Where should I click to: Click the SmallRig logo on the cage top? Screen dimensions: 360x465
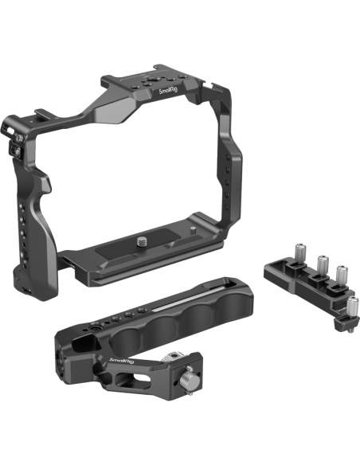(168, 89)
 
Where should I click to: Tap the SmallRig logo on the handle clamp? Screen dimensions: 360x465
(122, 361)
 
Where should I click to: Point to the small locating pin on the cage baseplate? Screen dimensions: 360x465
(194, 230)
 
